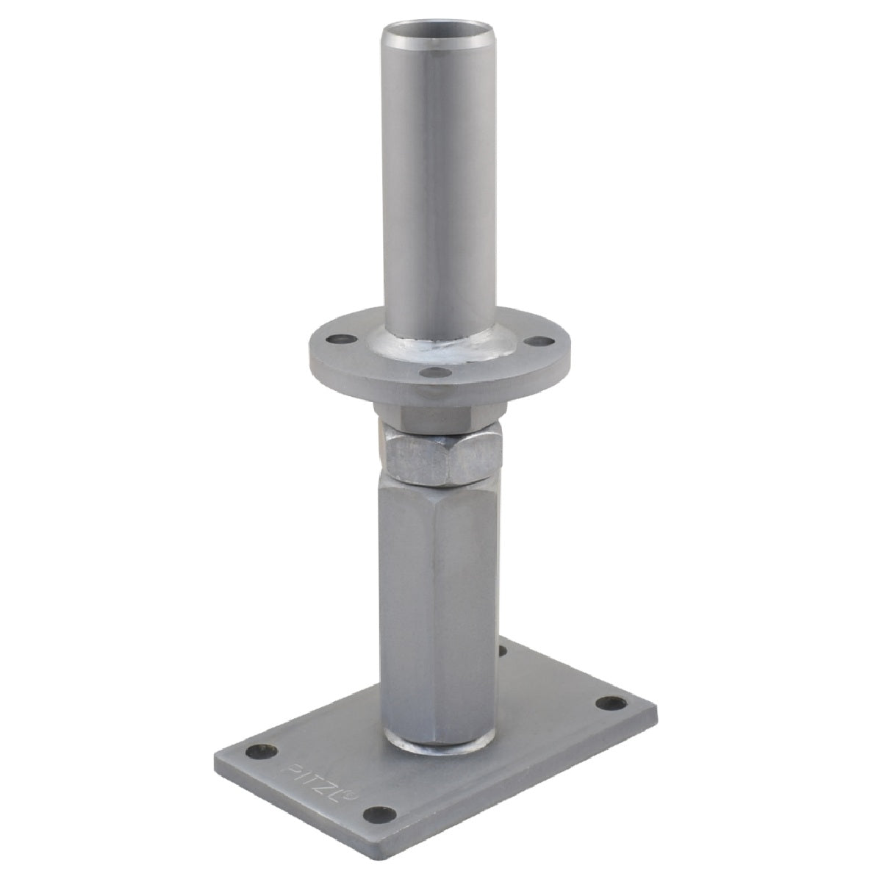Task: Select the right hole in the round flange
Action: click(539, 341)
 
